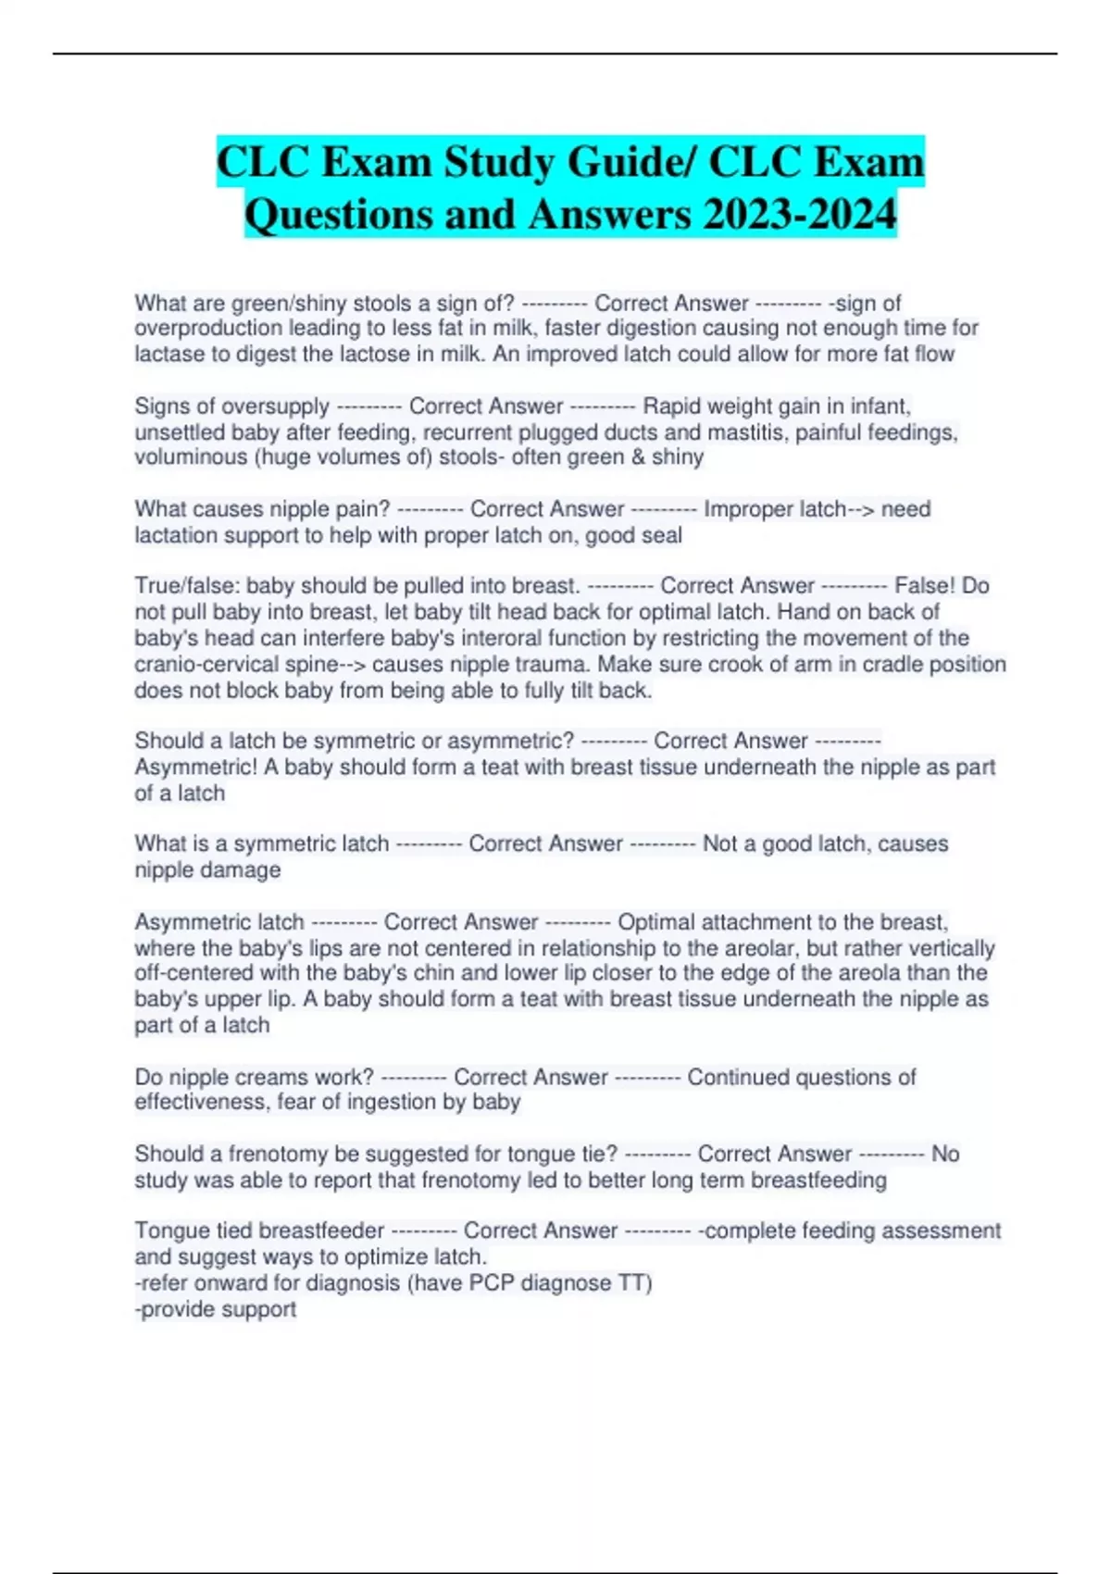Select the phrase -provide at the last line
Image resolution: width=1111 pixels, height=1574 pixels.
172,1309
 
